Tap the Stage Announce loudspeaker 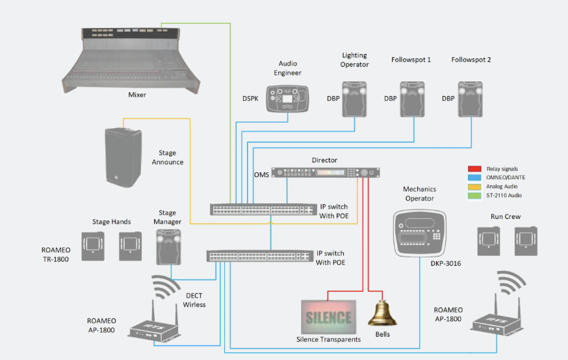(x=123, y=155)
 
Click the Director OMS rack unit (x=325, y=172)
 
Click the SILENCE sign (x=328, y=318)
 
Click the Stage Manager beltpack (x=168, y=248)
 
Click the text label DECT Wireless (x=194, y=300)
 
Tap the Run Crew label (x=507, y=216)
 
